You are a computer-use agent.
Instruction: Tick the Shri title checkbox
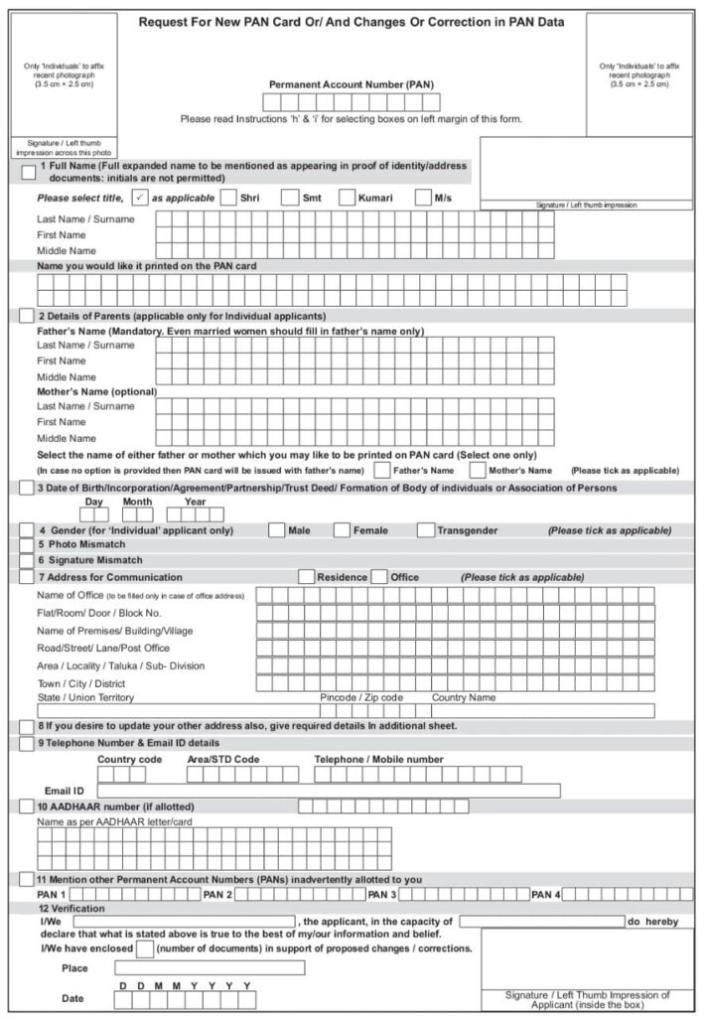(x=228, y=197)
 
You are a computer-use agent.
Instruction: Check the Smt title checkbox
(x=289, y=197)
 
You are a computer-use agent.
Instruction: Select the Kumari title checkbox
(x=348, y=197)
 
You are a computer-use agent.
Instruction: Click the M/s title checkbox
(x=423, y=197)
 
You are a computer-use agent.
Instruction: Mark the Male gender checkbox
(x=276, y=530)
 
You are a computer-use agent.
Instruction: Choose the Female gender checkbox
(x=342, y=530)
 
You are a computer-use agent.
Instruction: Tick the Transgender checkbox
(x=426, y=530)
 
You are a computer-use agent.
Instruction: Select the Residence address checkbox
(x=307, y=577)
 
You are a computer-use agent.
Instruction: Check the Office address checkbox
(x=378, y=577)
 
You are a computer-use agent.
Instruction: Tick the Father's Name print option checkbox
(x=381, y=470)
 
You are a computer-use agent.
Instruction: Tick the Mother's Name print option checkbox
(x=478, y=470)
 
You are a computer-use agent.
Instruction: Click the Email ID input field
(x=328, y=791)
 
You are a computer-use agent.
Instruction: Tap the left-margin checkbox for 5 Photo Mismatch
(x=27, y=545)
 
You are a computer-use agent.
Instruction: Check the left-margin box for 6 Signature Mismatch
(x=27, y=561)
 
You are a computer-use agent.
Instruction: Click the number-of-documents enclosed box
(x=145, y=948)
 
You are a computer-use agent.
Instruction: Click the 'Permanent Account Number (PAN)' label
(x=352, y=84)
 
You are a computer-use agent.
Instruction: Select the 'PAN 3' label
(x=382, y=895)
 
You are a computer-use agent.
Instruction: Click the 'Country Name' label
(x=463, y=697)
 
